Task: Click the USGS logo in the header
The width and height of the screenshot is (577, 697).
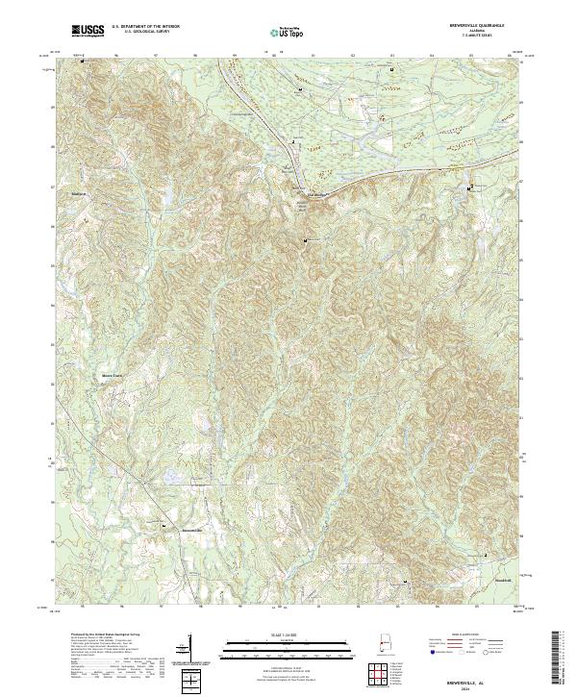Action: coord(88,31)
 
